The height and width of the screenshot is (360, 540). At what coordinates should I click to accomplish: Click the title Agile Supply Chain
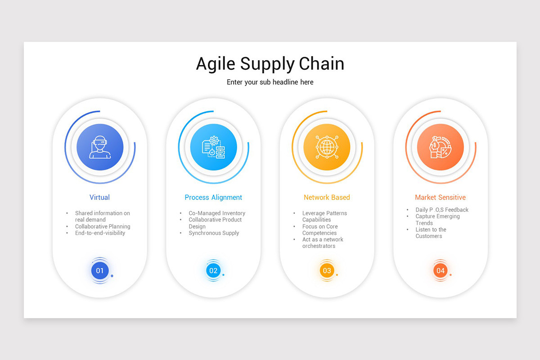click(x=270, y=64)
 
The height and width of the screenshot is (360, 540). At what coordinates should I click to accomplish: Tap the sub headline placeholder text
click(x=270, y=82)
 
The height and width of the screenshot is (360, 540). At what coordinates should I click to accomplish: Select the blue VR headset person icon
click(x=100, y=147)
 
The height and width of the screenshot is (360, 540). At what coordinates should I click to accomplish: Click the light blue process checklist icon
click(x=213, y=147)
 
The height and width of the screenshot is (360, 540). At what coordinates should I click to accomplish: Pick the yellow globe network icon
click(x=327, y=147)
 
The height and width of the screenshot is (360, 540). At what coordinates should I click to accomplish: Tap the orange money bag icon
click(x=440, y=147)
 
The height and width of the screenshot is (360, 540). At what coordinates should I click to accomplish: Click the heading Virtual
click(x=99, y=198)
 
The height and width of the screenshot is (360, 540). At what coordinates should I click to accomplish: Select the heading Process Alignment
click(x=213, y=198)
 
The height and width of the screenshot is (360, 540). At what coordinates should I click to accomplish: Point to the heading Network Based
click(x=327, y=198)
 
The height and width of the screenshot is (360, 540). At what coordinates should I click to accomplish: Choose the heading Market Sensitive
click(x=440, y=198)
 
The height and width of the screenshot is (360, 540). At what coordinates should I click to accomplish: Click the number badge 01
click(x=100, y=271)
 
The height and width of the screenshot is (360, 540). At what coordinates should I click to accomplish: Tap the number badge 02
click(x=213, y=271)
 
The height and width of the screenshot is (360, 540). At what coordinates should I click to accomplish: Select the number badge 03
click(x=327, y=271)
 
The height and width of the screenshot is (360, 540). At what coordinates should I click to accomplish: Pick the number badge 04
click(x=440, y=271)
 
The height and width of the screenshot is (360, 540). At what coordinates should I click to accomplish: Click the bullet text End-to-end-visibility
click(x=100, y=233)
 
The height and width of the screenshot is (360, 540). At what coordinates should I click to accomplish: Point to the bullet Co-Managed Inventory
click(x=217, y=213)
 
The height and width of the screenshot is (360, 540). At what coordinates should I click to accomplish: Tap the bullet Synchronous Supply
click(x=214, y=233)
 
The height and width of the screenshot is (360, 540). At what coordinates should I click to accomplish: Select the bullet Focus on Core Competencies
click(x=319, y=230)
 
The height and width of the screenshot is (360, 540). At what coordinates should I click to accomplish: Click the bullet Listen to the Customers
click(x=431, y=233)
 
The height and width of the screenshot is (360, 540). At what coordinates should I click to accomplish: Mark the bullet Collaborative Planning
click(x=103, y=227)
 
